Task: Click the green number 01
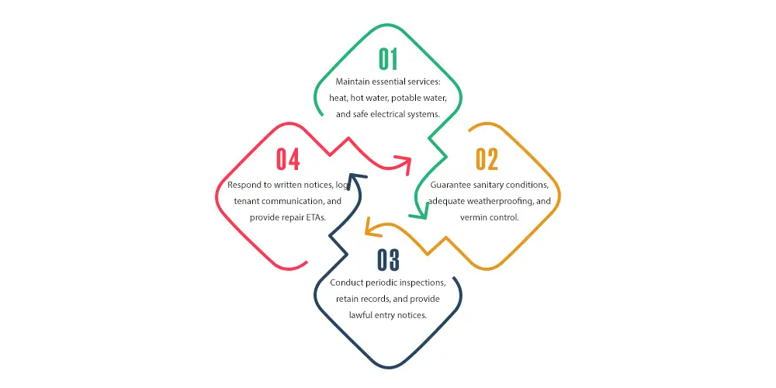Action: pyautogui.click(x=389, y=60)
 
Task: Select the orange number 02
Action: pyautogui.click(x=487, y=159)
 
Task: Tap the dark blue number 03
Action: pyautogui.click(x=389, y=259)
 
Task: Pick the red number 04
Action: pyautogui.click(x=288, y=159)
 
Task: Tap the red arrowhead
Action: pyautogui.click(x=405, y=164)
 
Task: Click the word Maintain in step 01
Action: pyautogui.click(x=351, y=81)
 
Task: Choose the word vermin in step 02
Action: pyautogui.click(x=473, y=217)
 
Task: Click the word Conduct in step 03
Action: pyautogui.click(x=345, y=283)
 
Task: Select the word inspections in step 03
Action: pyautogui.click(x=424, y=283)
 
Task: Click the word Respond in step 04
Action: pyautogui.click(x=243, y=185)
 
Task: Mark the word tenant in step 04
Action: pyautogui.click(x=245, y=202)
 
